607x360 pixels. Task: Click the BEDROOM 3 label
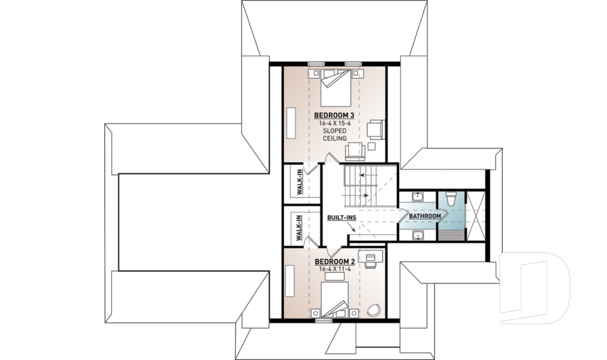point(333,115)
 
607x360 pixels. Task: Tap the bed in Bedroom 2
point(334,299)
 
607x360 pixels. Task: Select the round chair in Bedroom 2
point(373,310)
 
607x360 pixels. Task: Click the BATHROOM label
point(424,216)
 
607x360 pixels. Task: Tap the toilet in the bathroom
point(450,199)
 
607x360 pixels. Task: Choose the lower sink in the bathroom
point(417,235)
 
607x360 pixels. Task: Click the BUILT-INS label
point(341,217)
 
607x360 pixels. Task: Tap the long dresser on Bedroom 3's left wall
point(292,120)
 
